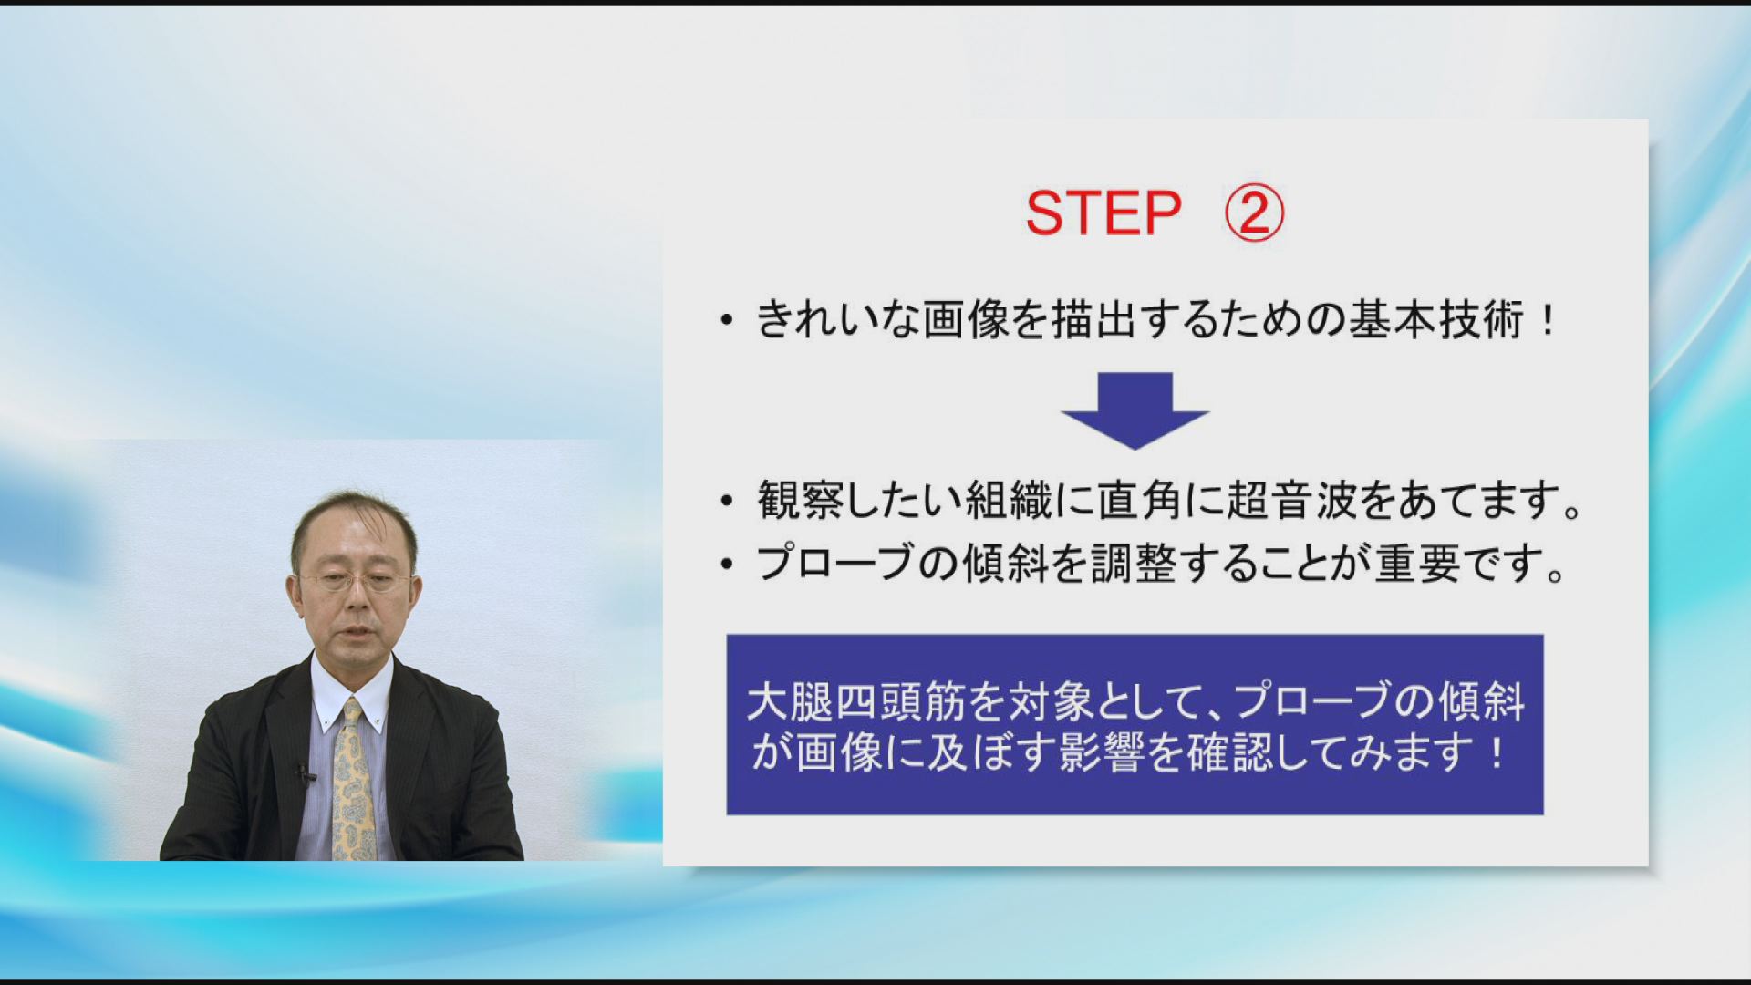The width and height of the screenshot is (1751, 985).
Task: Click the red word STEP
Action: [1103, 213]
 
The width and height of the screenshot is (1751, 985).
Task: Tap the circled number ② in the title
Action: [1254, 213]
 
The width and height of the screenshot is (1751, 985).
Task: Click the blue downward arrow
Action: [1135, 410]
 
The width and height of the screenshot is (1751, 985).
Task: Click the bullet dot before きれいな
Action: [726, 321]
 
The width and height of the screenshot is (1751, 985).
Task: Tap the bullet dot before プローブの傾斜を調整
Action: [726, 565]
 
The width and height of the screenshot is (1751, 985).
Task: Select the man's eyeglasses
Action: [355, 580]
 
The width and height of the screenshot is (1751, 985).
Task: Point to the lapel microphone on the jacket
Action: [304, 774]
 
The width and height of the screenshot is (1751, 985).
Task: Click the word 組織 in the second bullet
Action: [1010, 500]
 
